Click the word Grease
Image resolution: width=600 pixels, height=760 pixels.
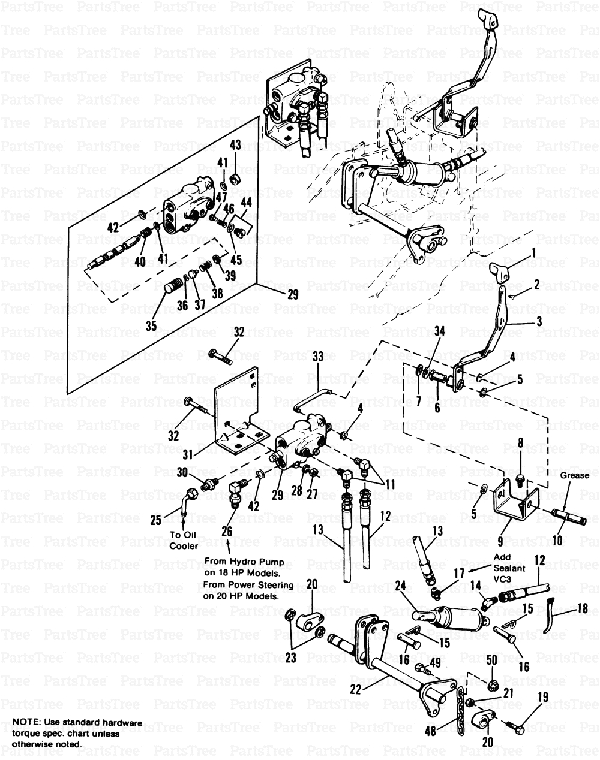[575, 475]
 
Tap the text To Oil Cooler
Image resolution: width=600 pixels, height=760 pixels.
[184, 541]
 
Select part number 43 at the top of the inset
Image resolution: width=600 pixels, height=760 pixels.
[235, 146]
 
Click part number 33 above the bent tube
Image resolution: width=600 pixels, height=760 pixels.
[317, 357]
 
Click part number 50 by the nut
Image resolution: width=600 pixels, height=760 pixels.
[492, 661]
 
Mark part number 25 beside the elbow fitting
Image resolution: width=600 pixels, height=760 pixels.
[155, 521]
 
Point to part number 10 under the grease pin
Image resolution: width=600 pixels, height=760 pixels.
[556, 540]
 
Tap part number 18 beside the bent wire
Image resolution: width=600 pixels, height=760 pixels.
[581, 608]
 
